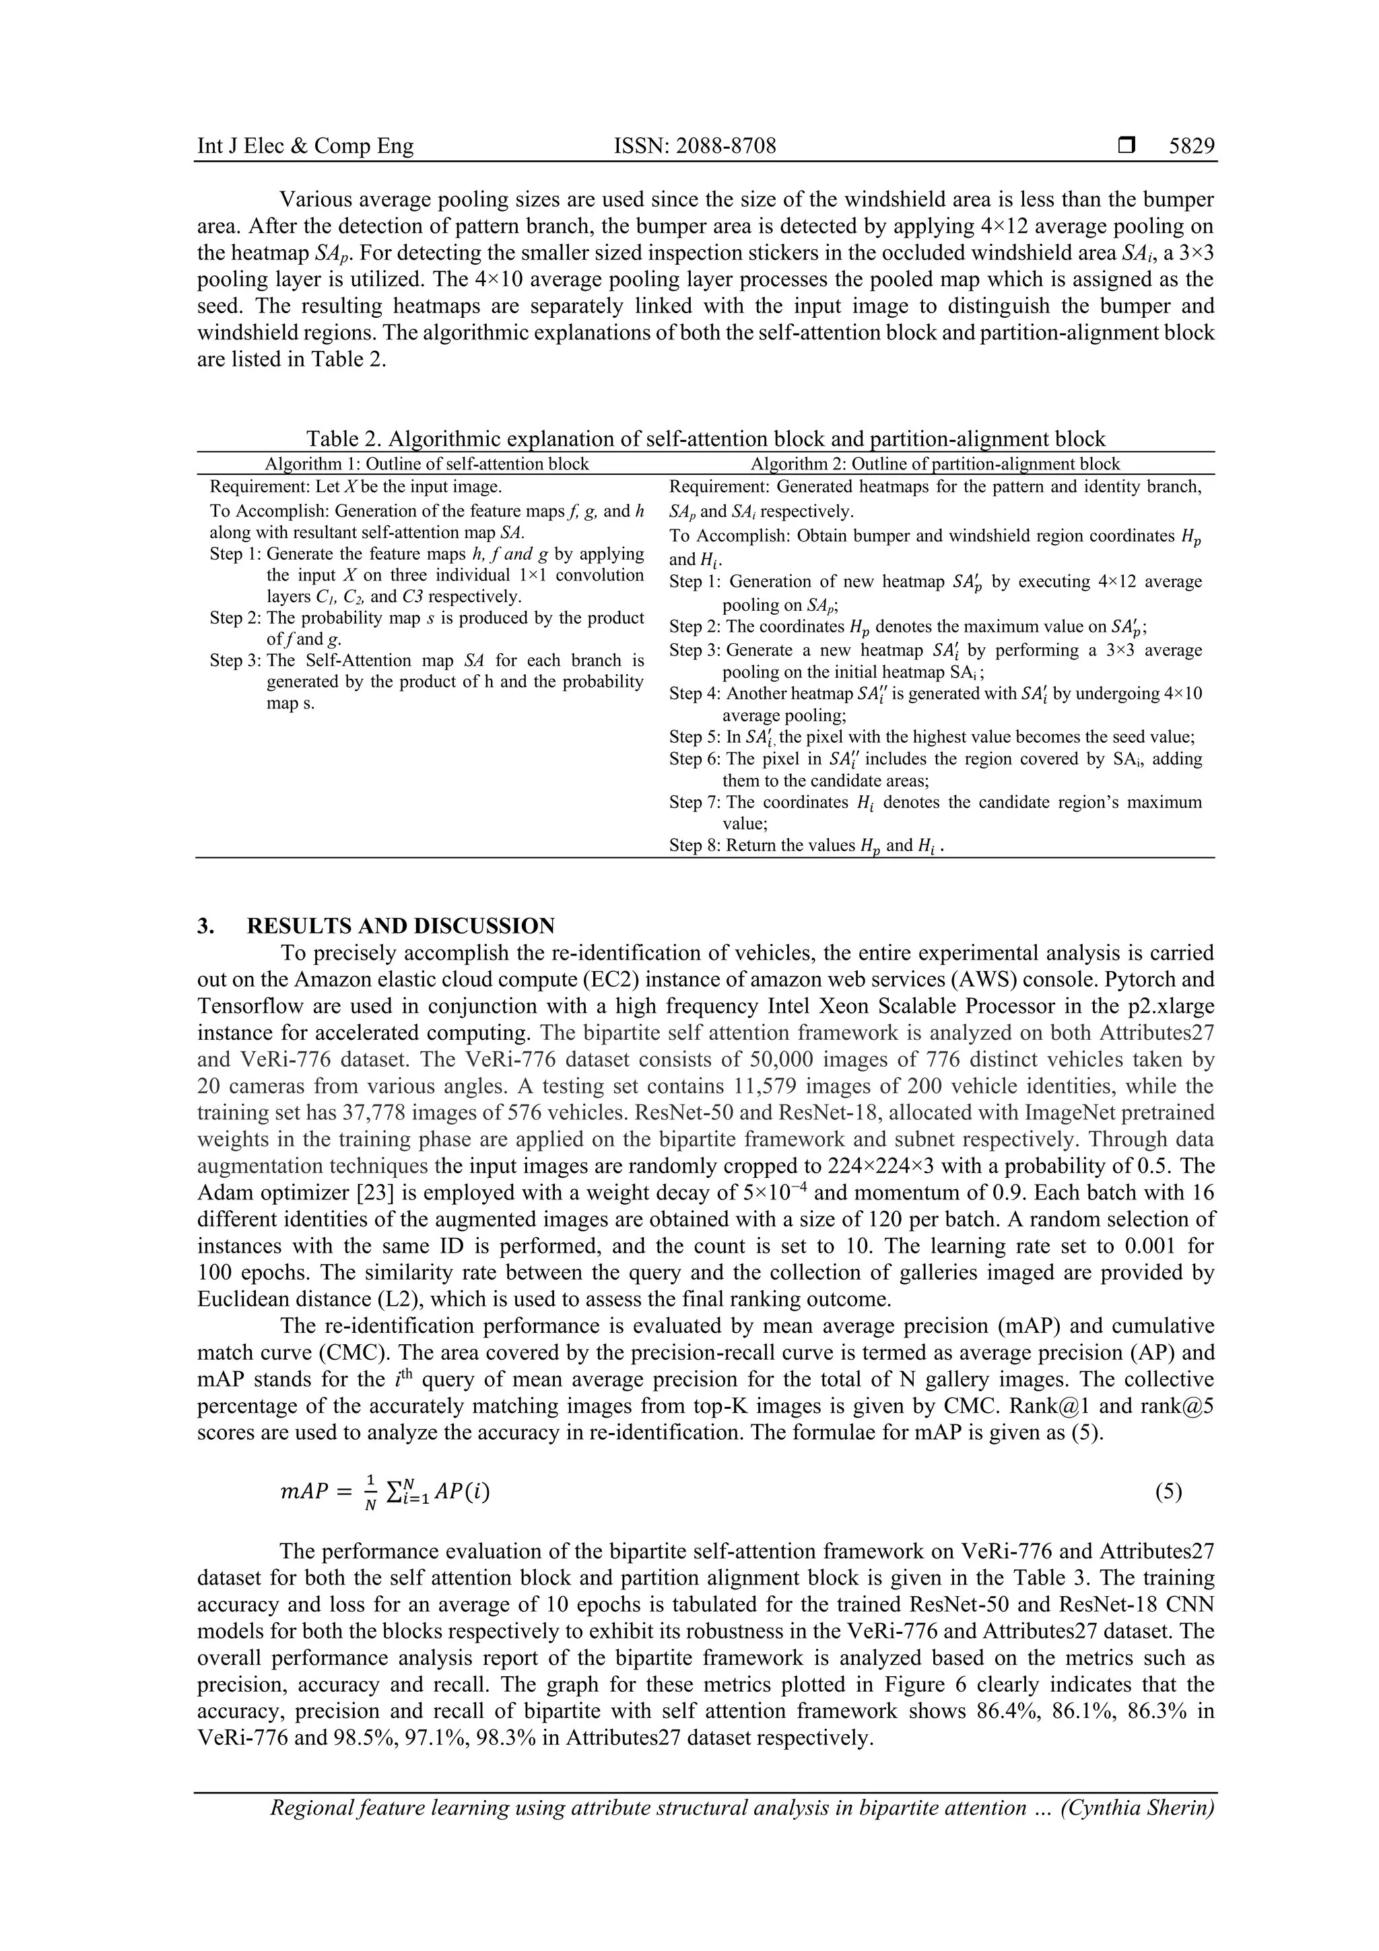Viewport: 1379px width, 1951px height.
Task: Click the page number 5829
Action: [x=1191, y=146]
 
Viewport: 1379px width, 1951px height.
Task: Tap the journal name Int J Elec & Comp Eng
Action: [x=305, y=146]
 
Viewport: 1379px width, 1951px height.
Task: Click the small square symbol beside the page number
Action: [x=1126, y=146]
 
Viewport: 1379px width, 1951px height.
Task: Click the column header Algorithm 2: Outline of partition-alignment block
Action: [x=935, y=464]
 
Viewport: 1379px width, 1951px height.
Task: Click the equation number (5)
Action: [x=1168, y=1492]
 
